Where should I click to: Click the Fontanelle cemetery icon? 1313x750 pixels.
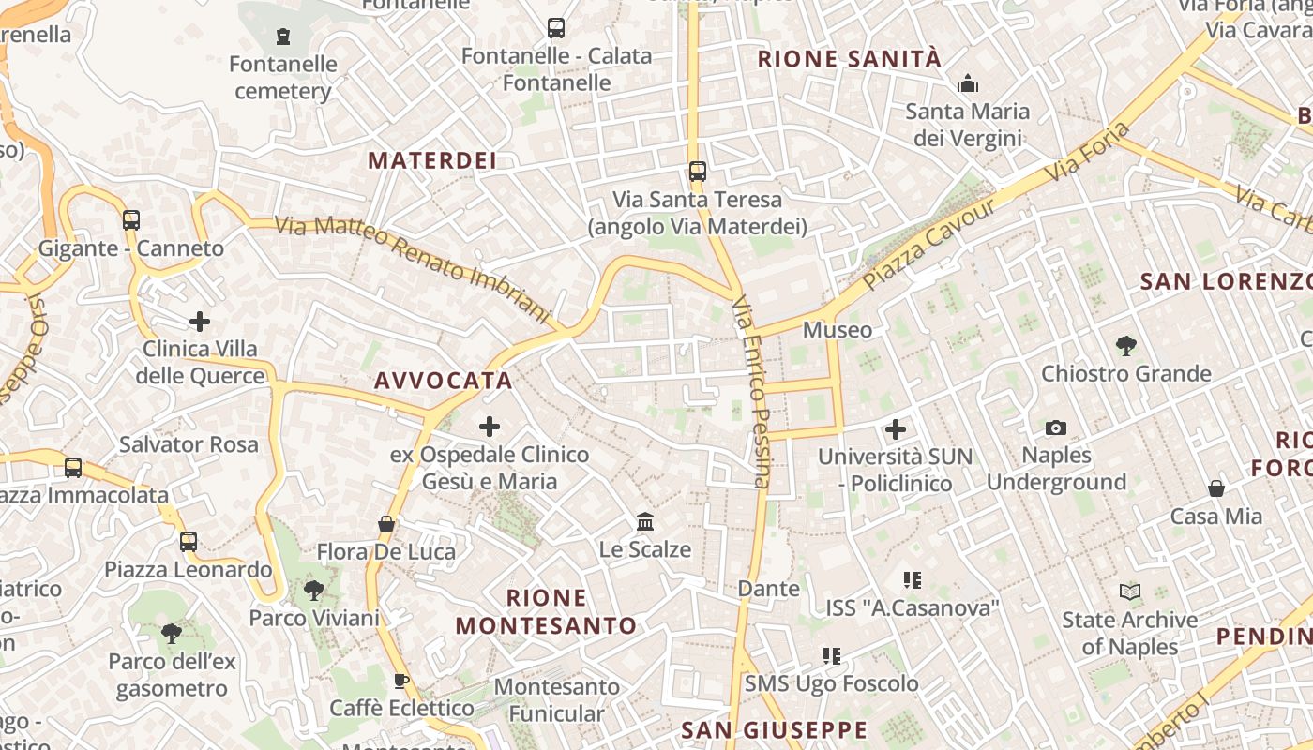(x=282, y=37)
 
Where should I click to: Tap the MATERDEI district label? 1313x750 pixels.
(x=431, y=160)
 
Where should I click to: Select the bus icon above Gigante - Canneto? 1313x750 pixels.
(x=131, y=220)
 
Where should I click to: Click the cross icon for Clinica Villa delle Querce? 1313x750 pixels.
(x=200, y=322)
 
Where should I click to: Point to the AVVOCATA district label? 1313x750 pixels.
(x=444, y=380)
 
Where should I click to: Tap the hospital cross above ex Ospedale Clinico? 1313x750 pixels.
(x=490, y=427)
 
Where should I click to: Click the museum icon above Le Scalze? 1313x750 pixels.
(x=645, y=521)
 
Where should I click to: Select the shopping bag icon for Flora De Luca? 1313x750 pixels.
(x=385, y=524)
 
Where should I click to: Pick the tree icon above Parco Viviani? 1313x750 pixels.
(x=313, y=591)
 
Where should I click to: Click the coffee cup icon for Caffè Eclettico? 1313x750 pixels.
(x=401, y=681)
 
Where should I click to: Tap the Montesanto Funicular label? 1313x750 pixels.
(x=557, y=700)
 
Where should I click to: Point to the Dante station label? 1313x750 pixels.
(x=769, y=589)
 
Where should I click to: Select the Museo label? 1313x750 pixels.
(x=838, y=330)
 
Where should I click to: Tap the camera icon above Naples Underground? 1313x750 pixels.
(x=1056, y=428)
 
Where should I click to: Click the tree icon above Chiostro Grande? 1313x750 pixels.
(x=1126, y=346)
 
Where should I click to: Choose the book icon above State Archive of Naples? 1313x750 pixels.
(x=1130, y=592)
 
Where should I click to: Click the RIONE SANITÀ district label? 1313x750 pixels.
(x=849, y=59)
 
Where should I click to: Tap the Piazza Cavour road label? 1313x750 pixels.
(x=928, y=243)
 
